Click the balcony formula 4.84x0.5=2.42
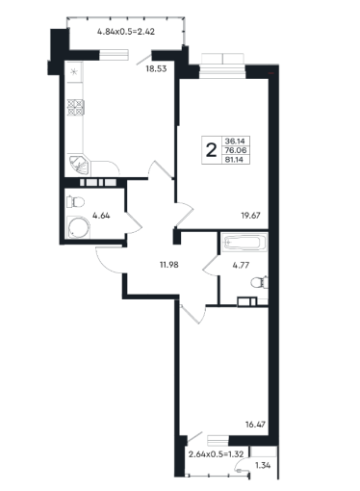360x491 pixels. (126, 32)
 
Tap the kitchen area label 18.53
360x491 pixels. (156, 68)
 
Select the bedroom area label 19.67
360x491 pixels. (250, 216)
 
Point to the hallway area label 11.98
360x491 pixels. (168, 265)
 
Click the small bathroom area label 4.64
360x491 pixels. (101, 216)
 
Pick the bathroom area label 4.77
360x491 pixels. (241, 265)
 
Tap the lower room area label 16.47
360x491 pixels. (255, 425)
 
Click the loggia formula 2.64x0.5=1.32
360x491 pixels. (217, 454)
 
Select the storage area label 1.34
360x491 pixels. (263, 465)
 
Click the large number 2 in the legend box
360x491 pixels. (211, 150)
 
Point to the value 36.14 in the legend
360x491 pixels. (235, 141)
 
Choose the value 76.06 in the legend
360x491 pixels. (235, 150)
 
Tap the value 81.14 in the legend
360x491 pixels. (235, 160)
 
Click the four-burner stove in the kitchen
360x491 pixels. (76, 108)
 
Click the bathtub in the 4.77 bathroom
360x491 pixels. (244, 243)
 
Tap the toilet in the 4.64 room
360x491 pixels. (75, 202)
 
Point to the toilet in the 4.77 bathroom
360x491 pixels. (260, 282)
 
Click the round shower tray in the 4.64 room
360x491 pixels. (79, 228)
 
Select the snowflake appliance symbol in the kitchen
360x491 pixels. (74, 71)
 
